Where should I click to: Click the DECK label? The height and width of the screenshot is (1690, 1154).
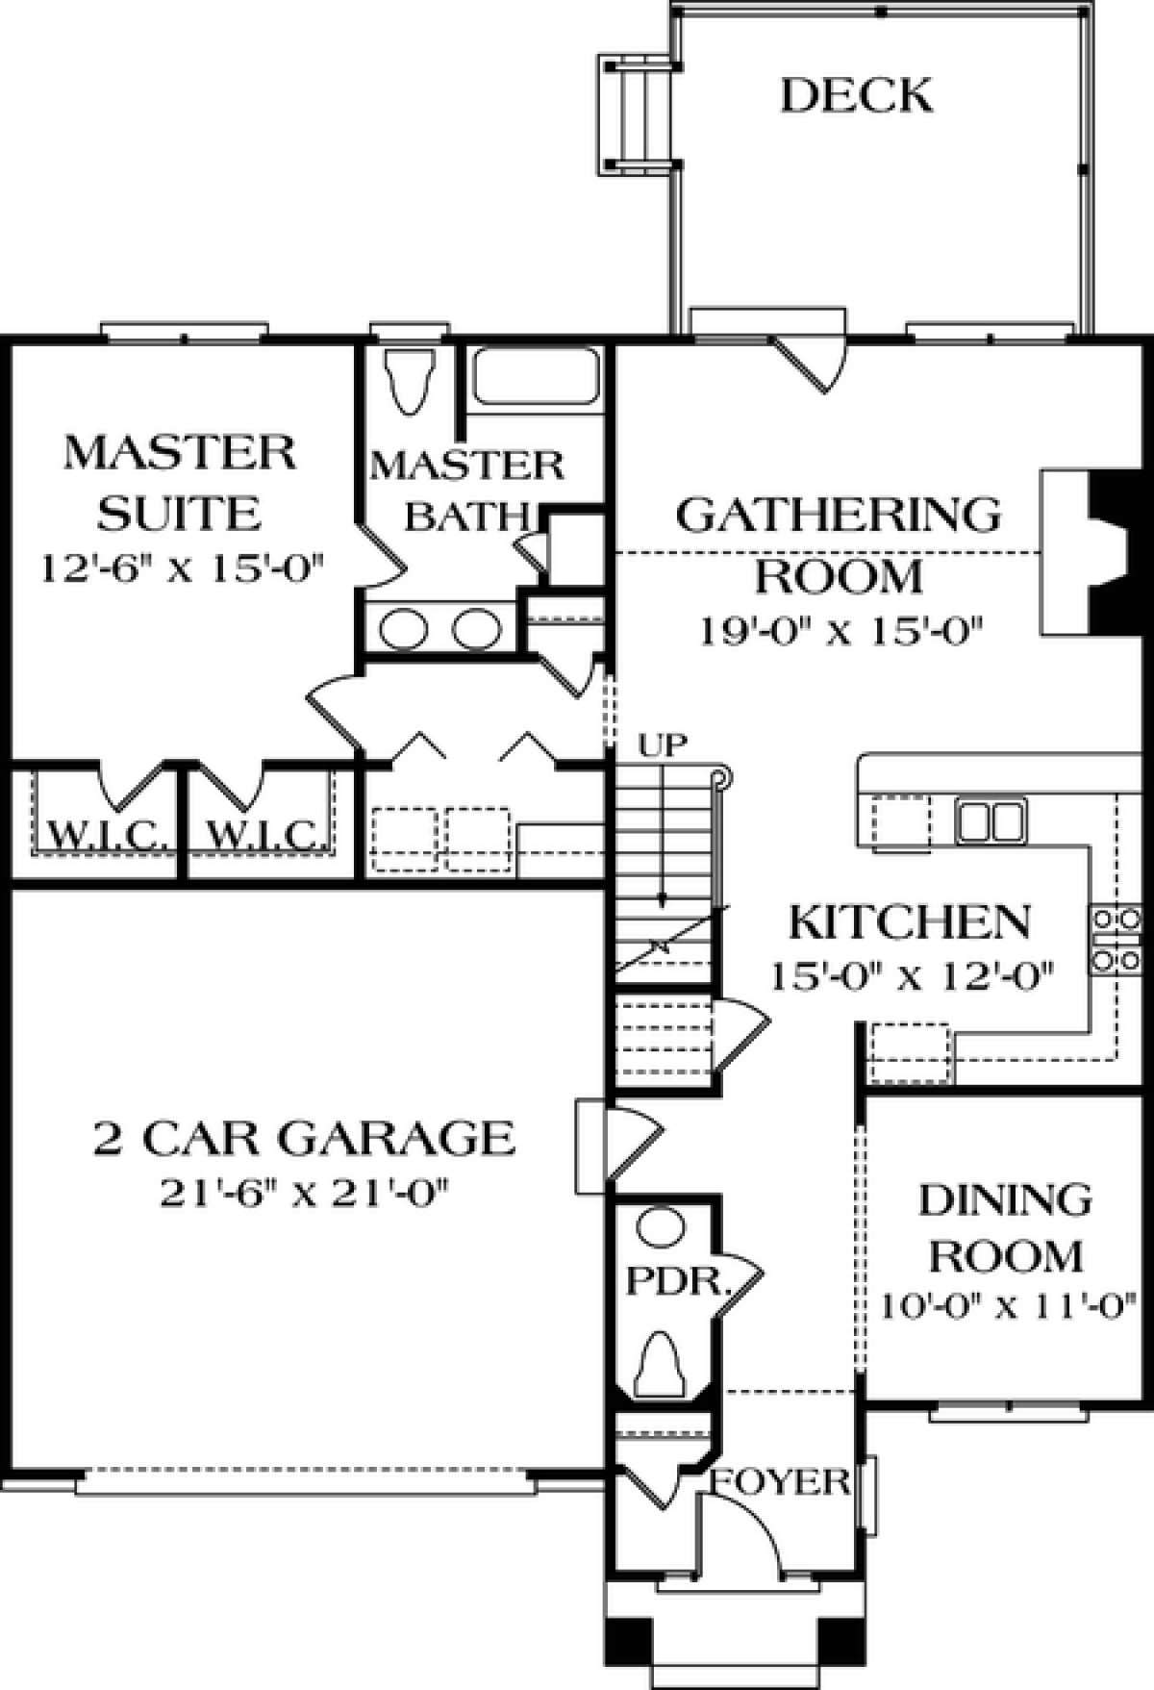(856, 96)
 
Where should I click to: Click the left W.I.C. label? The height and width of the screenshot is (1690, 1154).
(100, 833)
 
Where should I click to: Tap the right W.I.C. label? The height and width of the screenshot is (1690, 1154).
(262, 833)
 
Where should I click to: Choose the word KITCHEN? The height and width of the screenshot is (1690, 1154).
(909, 922)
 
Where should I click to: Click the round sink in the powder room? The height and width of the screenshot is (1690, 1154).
(662, 1228)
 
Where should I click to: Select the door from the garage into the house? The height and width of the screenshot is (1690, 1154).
(625, 1145)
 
